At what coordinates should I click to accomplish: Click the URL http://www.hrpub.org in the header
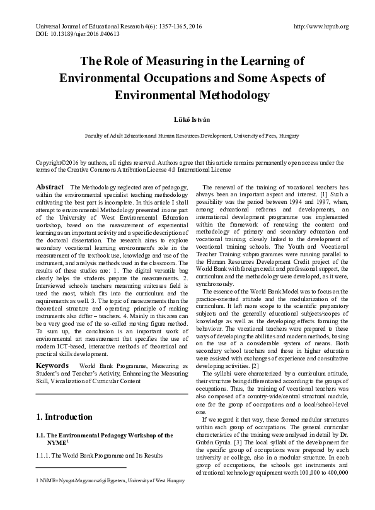click(x=321, y=27)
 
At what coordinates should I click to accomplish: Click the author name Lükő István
click(x=187, y=118)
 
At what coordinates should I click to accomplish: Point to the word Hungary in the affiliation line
click(x=279, y=136)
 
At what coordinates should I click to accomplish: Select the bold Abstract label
click(x=50, y=187)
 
